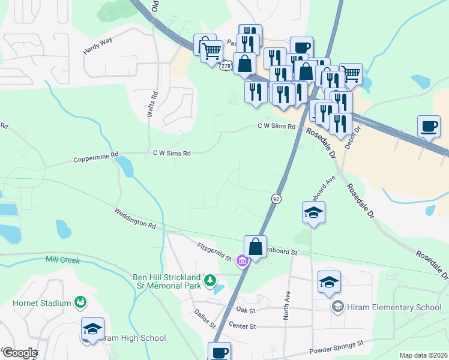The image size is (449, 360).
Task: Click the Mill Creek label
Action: pos(62,259)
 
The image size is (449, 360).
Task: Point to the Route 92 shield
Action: pos(276,198)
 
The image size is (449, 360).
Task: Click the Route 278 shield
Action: pos(226,66)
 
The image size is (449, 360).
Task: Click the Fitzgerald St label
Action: pos(214,251)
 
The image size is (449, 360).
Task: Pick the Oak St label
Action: pos(246,310)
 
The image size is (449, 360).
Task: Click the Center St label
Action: pos(243,325)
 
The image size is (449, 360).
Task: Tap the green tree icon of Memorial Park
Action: pos(210,280)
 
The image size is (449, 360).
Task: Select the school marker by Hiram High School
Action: pos(93,329)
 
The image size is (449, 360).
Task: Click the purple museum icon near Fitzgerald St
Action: pos(243,261)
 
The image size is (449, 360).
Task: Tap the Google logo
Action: pos(20,353)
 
